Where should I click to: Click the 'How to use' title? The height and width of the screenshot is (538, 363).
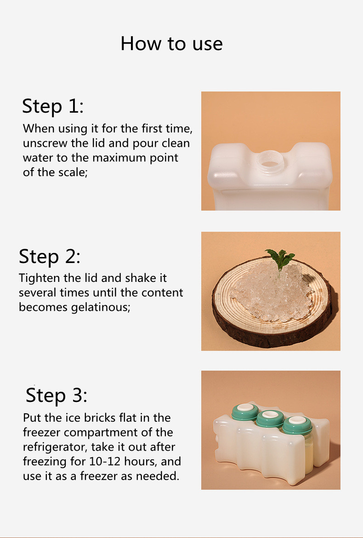[x=171, y=44]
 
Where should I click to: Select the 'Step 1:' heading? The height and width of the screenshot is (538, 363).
[x=53, y=106]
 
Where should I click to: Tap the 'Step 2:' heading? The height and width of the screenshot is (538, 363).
[x=50, y=256]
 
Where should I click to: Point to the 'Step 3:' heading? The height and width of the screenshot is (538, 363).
[x=56, y=395]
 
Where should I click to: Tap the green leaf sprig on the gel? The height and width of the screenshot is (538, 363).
[x=280, y=259]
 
